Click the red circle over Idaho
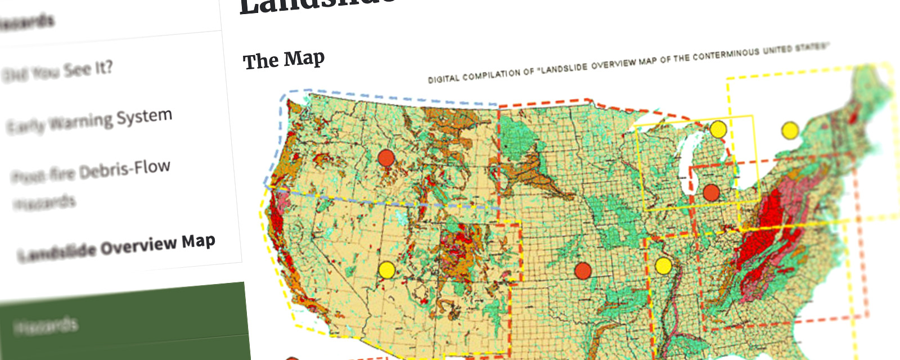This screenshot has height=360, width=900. pos(386,158)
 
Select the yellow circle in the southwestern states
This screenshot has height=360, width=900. pos(386,270)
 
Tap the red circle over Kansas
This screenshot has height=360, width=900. pos(583,271)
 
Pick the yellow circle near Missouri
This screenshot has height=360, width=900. pos(663,265)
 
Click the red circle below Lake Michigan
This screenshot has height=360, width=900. pos(711,193)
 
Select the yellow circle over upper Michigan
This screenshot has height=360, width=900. pos(718,129)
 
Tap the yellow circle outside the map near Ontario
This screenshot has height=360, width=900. pos(790,130)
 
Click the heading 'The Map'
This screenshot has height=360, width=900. pos(283,60)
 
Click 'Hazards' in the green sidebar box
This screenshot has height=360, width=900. pos(45,326)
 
